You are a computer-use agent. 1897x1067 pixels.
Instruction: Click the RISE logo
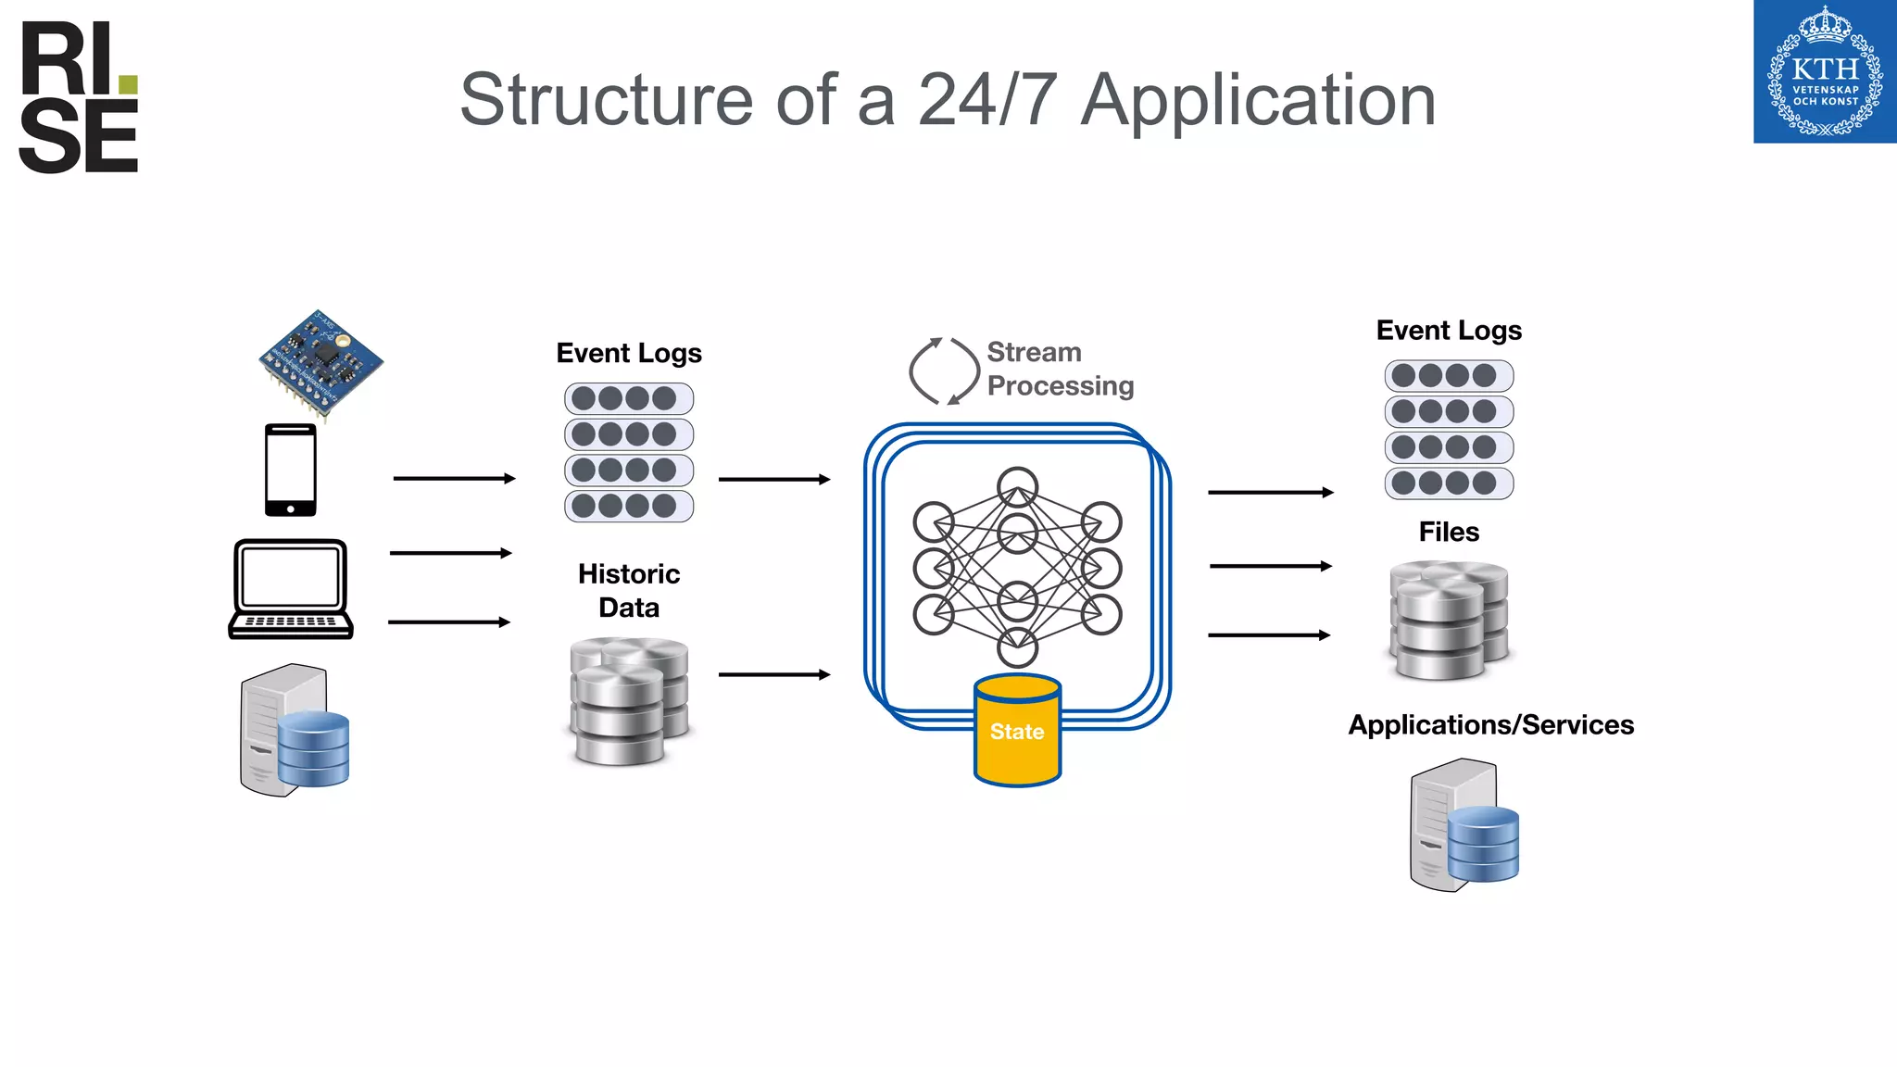(x=79, y=97)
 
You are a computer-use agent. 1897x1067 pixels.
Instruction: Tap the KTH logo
(x=1824, y=72)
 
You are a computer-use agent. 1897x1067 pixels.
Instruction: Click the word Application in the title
(x=1258, y=100)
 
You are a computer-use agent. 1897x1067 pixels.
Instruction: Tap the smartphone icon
(x=290, y=470)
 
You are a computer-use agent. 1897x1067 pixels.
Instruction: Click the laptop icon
(x=291, y=589)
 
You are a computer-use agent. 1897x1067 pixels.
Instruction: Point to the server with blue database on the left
(x=294, y=730)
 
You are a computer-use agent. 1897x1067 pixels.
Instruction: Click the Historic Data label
(x=629, y=590)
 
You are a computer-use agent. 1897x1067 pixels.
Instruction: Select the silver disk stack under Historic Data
(x=629, y=701)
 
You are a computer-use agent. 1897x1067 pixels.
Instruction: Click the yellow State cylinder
(x=1017, y=731)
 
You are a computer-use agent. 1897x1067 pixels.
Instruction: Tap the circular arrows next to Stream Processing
(x=943, y=370)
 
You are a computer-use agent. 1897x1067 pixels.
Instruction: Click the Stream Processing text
(x=1059, y=369)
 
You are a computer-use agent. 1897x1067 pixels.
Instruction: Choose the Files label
(x=1449, y=532)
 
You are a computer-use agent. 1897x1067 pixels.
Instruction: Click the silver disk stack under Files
(x=1449, y=620)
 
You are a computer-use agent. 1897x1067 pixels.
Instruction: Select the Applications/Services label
(x=1490, y=724)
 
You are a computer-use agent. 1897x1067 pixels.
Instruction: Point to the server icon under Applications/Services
(x=1464, y=825)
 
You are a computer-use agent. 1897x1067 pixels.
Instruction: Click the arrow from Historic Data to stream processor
(x=773, y=674)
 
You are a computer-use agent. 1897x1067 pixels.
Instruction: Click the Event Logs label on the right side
(x=1449, y=331)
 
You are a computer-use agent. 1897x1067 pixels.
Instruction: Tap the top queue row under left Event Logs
(x=629, y=399)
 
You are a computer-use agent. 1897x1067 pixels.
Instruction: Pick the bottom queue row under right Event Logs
(x=1449, y=483)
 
